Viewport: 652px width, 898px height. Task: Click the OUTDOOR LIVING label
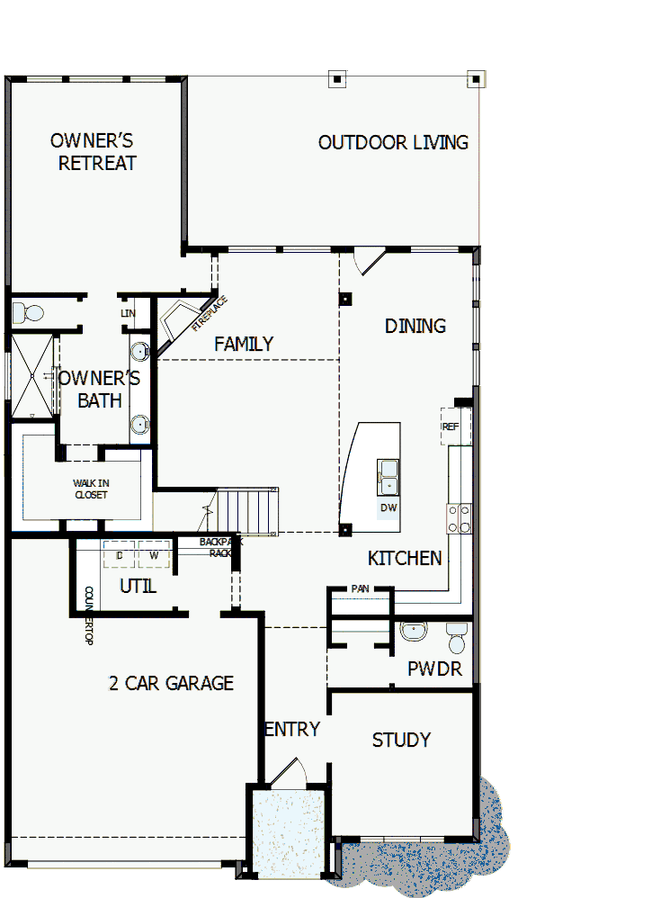(393, 142)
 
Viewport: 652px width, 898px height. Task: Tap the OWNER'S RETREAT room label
(94, 152)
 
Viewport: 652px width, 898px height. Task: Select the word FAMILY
(244, 344)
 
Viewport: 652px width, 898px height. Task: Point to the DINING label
(415, 326)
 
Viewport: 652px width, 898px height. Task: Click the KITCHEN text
(405, 558)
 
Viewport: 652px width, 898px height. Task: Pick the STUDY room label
(401, 740)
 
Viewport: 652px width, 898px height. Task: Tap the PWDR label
(434, 669)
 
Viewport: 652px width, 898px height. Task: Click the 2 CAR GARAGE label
(171, 683)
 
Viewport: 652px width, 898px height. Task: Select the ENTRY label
(292, 729)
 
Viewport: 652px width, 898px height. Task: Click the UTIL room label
(138, 587)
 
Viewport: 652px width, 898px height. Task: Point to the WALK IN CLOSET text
(90, 489)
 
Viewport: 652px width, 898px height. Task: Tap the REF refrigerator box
(455, 427)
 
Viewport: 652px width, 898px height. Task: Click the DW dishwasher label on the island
(389, 507)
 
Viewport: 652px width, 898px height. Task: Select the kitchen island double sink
(389, 478)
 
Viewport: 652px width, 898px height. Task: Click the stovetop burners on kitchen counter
(460, 518)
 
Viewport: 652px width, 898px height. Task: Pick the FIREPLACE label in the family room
(210, 313)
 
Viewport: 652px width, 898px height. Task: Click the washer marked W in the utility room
(154, 555)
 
